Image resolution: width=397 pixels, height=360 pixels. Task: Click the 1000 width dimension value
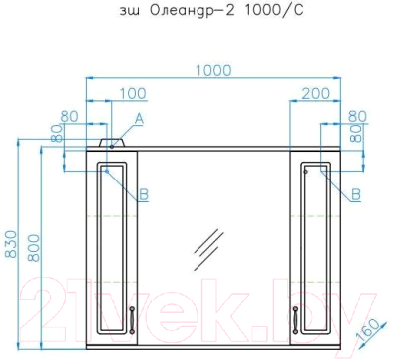(x=213, y=70)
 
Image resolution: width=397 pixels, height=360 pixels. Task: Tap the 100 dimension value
(x=132, y=93)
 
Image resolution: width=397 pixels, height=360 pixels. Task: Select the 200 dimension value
(x=316, y=93)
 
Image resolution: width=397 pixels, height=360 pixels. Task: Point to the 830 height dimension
(x=11, y=244)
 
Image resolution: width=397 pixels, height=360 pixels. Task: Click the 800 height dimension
(x=33, y=248)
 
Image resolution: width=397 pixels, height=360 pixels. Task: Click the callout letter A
(x=139, y=118)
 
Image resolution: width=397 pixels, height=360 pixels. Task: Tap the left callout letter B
(x=144, y=194)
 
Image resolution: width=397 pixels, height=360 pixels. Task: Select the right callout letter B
(x=356, y=194)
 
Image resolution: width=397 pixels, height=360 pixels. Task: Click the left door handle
(x=132, y=319)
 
